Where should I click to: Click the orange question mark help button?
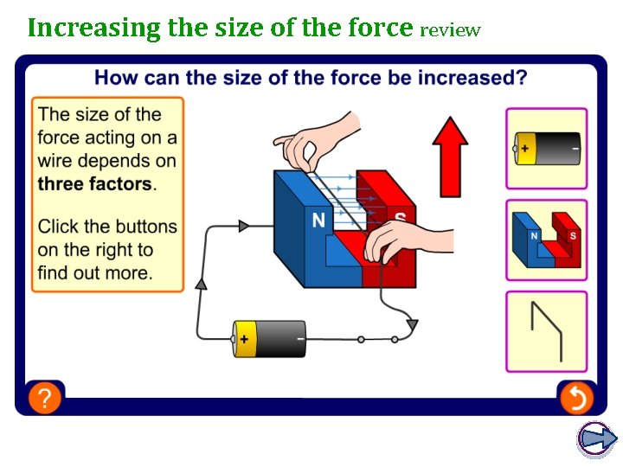pos(45,398)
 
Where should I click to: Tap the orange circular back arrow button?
pos(575,398)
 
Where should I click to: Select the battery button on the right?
pos(546,148)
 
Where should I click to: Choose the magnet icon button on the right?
pos(546,240)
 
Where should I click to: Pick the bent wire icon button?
pos(546,331)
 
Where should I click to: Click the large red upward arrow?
pos(449,156)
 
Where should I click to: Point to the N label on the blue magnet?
pos(318,221)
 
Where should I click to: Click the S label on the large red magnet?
pos(401,219)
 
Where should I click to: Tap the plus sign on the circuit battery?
pos(245,339)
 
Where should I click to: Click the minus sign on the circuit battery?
pos(299,339)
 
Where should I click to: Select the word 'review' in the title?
pos(449,30)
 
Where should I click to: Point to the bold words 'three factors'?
pos(94,183)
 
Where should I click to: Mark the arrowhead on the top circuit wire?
pos(244,226)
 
